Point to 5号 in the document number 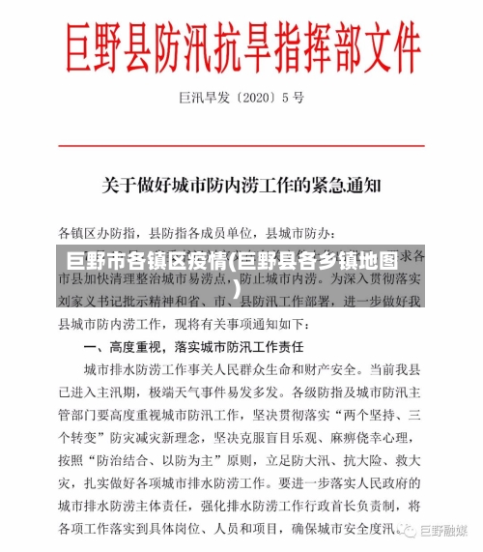pos(295,98)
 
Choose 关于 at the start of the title pos(120,181)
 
